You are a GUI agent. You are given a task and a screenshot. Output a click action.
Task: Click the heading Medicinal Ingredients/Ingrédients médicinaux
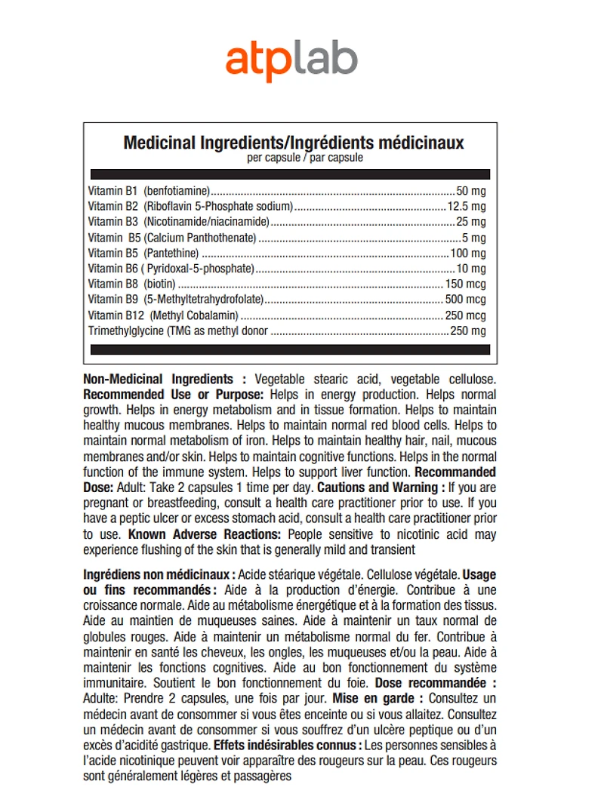(294, 143)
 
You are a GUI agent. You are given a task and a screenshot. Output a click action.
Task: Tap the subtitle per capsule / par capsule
(294, 158)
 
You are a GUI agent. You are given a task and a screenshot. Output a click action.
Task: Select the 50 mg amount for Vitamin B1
(471, 191)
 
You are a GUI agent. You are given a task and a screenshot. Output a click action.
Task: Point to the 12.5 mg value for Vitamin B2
(467, 206)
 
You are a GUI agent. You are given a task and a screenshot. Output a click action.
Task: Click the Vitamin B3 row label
(113, 222)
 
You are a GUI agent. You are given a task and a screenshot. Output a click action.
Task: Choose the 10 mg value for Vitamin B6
(471, 269)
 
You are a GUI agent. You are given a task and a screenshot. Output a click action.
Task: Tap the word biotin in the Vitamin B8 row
(160, 285)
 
